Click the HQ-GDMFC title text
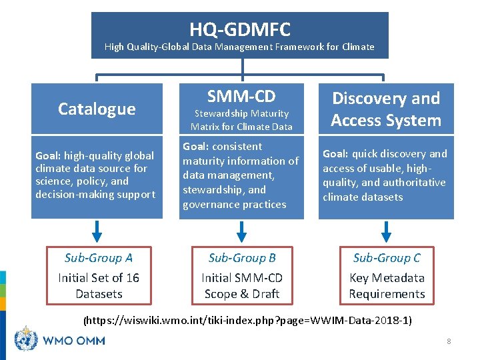coord(240,29)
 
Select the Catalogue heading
coord(97,109)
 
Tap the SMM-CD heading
coord(241,97)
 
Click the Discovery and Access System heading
coord(387,109)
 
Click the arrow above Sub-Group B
coord(242,231)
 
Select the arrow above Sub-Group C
coord(387,231)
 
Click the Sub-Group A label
coord(98,258)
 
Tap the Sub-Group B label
coord(242,258)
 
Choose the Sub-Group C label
coord(387,258)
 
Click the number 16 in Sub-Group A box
coord(133,278)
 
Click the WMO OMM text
coord(73,341)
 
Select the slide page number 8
coord(449,341)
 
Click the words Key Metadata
coord(387,278)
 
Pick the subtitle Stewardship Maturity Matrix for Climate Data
coord(241,120)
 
